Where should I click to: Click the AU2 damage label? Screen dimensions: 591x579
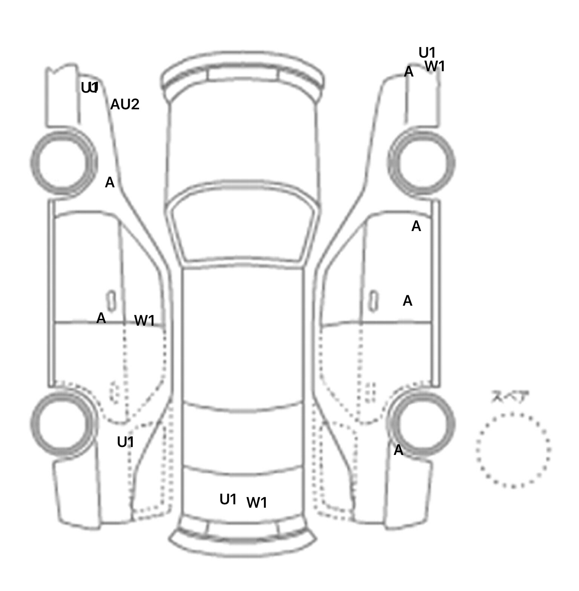(125, 104)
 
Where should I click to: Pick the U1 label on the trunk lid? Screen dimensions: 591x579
(228, 500)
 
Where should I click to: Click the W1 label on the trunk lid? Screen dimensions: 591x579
(257, 502)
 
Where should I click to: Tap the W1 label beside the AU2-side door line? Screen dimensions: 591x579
(145, 321)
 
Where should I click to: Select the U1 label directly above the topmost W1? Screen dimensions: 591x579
(427, 53)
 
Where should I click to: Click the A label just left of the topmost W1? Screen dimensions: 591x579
(409, 72)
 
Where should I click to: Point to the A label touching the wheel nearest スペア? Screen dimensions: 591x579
(398, 450)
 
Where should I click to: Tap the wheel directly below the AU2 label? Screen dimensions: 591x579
(63, 163)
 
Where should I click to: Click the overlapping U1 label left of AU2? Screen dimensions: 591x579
(90, 88)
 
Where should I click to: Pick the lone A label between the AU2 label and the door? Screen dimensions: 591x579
(109, 183)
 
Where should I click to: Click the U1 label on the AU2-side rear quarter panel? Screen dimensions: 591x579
(126, 442)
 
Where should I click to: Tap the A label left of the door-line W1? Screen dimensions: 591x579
(101, 318)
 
